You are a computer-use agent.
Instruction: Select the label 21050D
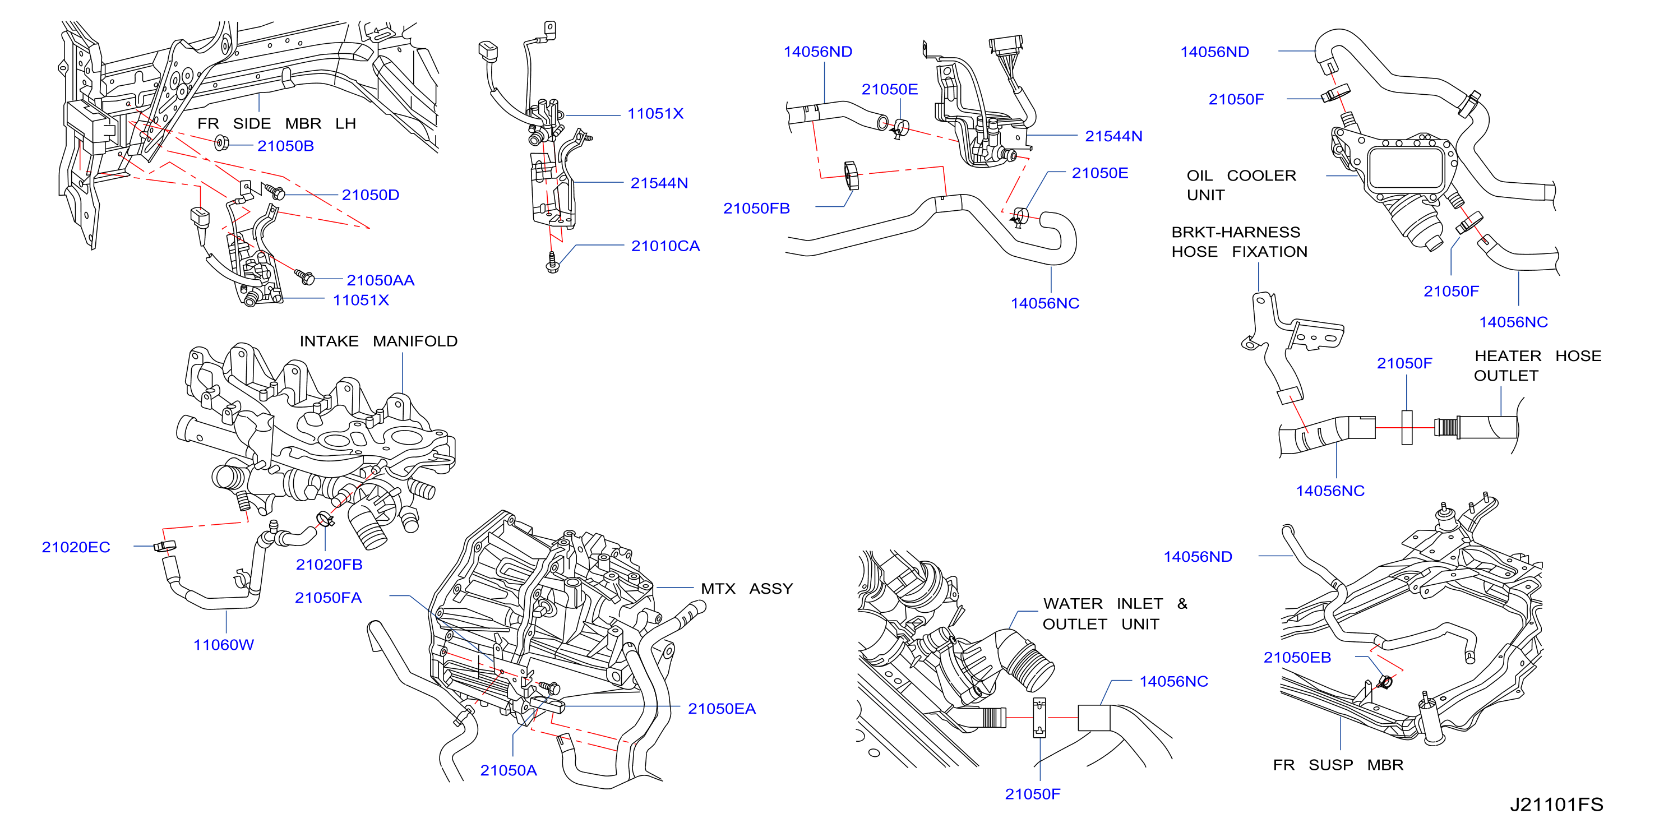[370, 195]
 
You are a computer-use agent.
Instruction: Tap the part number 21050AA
[380, 280]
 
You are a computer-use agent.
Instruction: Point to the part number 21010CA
[665, 246]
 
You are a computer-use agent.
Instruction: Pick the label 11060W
[223, 644]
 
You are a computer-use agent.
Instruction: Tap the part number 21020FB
[329, 565]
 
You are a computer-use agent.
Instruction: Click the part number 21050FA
[328, 598]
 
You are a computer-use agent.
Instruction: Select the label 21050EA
[722, 709]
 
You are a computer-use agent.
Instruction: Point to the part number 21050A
[508, 770]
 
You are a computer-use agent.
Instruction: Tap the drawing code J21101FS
[1556, 805]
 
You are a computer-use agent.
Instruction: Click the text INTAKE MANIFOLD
[378, 341]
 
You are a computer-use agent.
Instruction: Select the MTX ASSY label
[746, 589]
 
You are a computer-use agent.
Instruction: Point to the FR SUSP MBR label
[1338, 765]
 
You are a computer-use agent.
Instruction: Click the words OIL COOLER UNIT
[1241, 185]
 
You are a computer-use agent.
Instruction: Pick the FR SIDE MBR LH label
[276, 123]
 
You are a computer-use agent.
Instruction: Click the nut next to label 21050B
[221, 142]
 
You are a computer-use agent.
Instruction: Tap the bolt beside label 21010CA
[552, 263]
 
